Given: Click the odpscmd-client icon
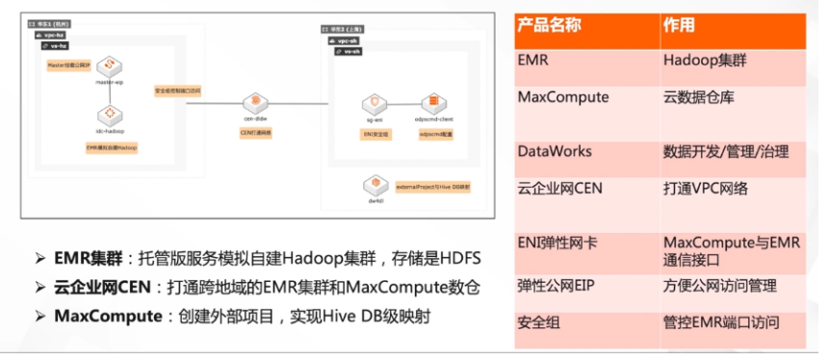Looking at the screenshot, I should point(433,103).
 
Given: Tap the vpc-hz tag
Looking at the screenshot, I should point(58,33).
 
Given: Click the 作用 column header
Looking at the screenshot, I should point(679,24).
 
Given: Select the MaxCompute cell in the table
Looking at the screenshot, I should point(562,97).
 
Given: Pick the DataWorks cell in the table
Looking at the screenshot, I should point(555,151).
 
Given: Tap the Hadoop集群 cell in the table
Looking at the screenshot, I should point(704,60).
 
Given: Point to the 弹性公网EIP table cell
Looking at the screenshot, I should point(559,285).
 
